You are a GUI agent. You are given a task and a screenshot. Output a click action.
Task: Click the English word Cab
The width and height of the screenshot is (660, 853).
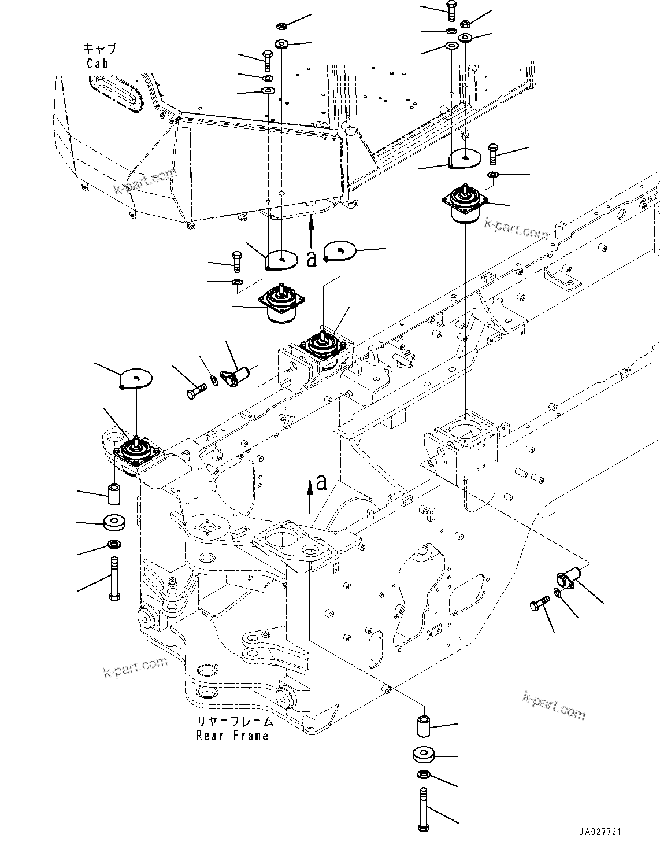click(97, 64)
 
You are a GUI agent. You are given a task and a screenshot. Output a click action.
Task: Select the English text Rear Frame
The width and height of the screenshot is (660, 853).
click(232, 736)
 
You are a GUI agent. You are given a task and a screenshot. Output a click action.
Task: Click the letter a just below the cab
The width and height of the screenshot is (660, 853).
click(312, 259)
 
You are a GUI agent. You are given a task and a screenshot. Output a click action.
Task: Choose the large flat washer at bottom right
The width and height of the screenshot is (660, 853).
click(424, 755)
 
